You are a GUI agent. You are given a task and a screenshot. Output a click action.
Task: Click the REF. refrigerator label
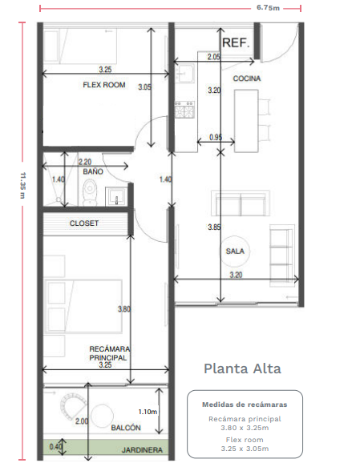click(x=236, y=42)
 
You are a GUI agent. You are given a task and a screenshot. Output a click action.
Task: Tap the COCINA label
click(x=247, y=78)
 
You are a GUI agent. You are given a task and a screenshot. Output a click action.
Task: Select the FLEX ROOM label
click(x=104, y=85)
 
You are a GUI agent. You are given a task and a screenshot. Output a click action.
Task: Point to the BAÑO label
click(x=93, y=171)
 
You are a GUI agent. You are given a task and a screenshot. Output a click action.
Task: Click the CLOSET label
click(x=84, y=223)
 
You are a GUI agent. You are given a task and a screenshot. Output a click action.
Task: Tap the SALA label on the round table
click(x=235, y=252)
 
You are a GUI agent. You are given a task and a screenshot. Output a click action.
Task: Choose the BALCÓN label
click(x=126, y=428)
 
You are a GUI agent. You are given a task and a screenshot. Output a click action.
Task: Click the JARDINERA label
click(x=142, y=450)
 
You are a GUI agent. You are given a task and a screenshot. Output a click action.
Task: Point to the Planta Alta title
click(x=242, y=368)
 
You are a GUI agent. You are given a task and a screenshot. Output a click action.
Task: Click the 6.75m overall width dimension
click(x=268, y=8)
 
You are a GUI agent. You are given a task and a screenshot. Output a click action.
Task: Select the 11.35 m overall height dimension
click(x=22, y=185)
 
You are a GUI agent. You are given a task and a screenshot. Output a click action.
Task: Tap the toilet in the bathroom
click(x=90, y=193)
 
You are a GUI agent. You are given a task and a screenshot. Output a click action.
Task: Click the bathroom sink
click(x=116, y=196)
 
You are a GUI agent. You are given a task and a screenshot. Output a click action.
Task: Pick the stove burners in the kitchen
click(x=184, y=110)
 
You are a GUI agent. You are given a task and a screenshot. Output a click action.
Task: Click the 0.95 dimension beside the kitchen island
click(x=216, y=137)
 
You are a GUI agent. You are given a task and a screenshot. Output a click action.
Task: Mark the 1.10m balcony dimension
click(x=148, y=412)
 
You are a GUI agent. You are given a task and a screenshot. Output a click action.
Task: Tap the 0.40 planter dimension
click(x=55, y=446)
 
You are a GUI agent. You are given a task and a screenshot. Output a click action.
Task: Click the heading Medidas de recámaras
click(x=245, y=405)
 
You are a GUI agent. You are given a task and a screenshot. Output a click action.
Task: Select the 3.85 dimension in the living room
click(x=214, y=227)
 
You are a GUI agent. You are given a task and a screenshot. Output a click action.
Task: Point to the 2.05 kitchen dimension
click(x=214, y=57)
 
